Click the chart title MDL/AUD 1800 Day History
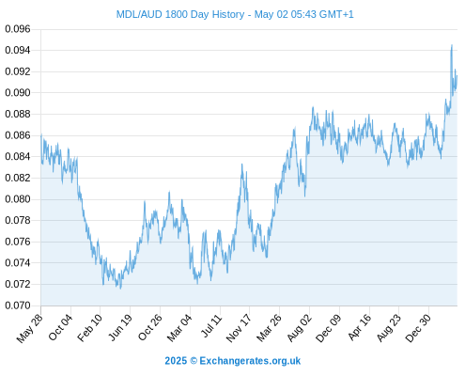(x=180, y=14)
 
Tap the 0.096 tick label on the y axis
(x=18, y=29)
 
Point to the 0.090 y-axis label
(x=18, y=93)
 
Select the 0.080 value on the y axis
(x=18, y=199)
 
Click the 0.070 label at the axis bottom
(x=18, y=305)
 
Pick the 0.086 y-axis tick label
(x=18, y=135)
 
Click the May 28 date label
(x=30, y=328)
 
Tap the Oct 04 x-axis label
(x=60, y=327)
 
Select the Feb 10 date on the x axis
(x=90, y=327)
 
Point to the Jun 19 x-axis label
(x=119, y=327)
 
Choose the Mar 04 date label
(x=179, y=328)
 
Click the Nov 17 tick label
(x=239, y=328)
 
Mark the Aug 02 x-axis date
(x=300, y=328)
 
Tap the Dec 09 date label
(x=329, y=328)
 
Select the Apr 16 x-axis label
(x=359, y=327)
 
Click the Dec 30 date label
(x=418, y=328)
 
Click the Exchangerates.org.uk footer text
(x=250, y=361)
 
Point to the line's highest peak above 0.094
(x=452, y=45)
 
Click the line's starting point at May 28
(x=41, y=135)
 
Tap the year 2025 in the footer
(x=176, y=361)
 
